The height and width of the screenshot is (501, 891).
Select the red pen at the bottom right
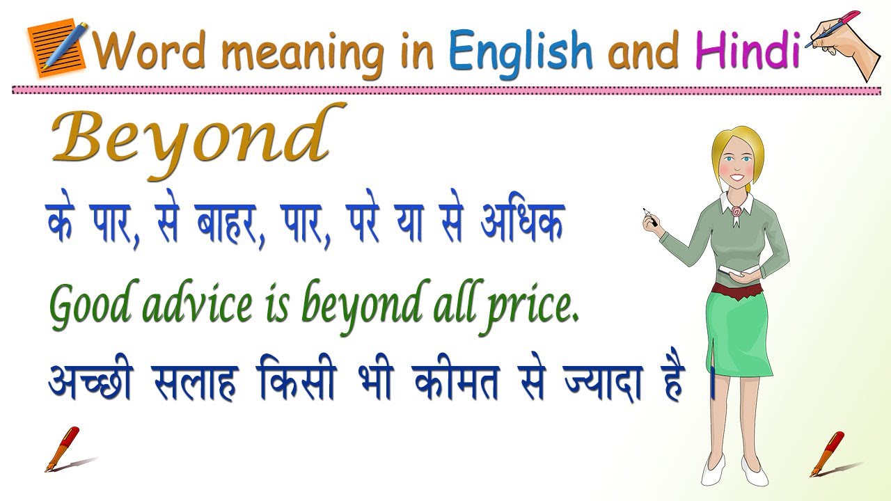click(x=828, y=452)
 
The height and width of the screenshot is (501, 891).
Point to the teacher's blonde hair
click(x=738, y=143)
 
